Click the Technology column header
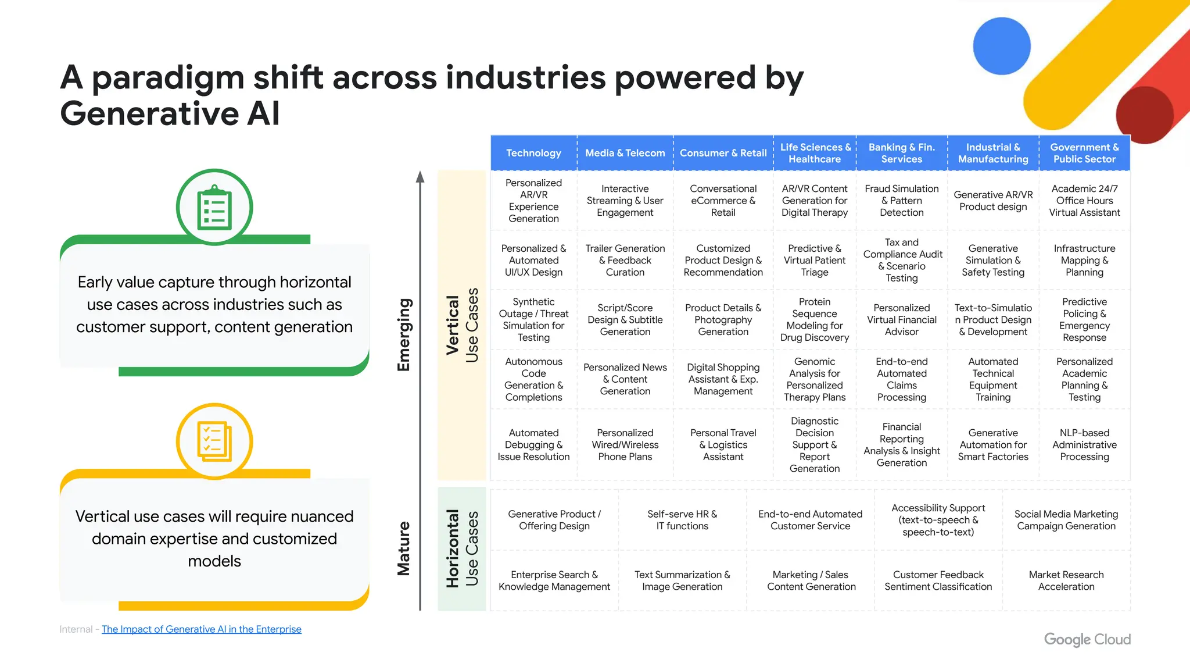tap(533, 153)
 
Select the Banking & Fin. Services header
tap(901, 153)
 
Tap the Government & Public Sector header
tap(1084, 153)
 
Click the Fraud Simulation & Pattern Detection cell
tap(901, 201)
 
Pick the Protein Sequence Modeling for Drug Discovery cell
tap(814, 319)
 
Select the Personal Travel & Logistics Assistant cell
tap(723, 444)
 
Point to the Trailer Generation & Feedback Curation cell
tap(625, 260)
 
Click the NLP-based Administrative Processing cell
tap(1084, 444)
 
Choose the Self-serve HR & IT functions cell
tap(682, 520)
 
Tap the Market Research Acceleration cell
tap(1066, 580)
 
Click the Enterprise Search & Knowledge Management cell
tap(554, 580)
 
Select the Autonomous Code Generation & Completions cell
tap(533, 379)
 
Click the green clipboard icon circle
tap(214, 207)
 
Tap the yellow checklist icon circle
tap(214, 441)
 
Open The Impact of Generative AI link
tap(201, 629)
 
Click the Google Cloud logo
tap(1087, 639)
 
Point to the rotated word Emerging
tap(404, 334)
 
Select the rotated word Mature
tap(404, 548)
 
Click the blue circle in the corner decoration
tap(1002, 46)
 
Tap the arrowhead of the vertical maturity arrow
tap(420, 177)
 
